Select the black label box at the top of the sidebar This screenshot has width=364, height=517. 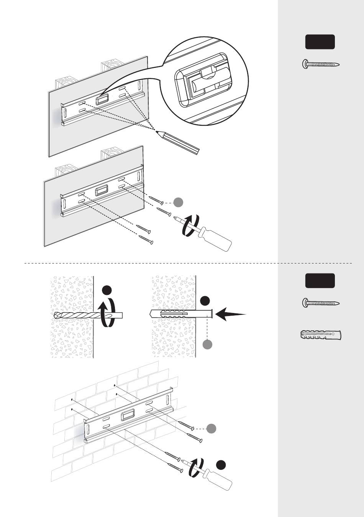[x=320, y=42]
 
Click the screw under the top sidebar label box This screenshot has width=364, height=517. [x=321, y=64]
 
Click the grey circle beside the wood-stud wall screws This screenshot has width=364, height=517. [x=178, y=202]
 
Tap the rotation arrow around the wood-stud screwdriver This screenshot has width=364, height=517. [x=191, y=226]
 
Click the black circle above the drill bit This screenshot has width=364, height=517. [x=107, y=290]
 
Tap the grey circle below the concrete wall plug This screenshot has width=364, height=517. [x=207, y=344]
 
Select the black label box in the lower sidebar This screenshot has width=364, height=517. [x=320, y=281]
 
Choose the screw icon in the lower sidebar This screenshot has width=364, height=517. [x=321, y=303]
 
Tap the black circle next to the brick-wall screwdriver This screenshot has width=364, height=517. [x=221, y=465]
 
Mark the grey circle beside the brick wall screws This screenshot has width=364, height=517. [x=212, y=428]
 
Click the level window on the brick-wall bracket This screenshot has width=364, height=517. [x=128, y=415]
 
